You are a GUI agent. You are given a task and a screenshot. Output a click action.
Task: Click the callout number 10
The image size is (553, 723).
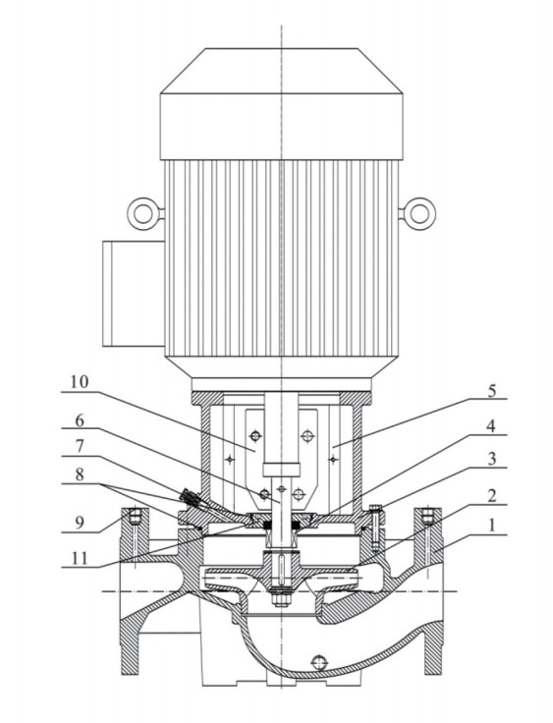tap(80, 382)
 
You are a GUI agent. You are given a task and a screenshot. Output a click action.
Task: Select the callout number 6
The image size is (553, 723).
tap(80, 420)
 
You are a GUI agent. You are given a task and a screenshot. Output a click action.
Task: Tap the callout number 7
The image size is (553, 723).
tap(80, 446)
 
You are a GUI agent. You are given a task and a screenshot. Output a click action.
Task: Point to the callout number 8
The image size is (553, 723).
tap(80, 474)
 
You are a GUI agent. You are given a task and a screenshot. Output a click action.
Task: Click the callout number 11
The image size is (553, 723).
tap(80, 558)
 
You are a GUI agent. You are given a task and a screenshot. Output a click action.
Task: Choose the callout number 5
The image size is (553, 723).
tap(492, 391)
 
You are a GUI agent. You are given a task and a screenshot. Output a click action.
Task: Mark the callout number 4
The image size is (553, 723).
tap(492, 426)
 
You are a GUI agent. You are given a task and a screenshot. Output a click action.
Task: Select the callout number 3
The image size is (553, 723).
tap(492, 460)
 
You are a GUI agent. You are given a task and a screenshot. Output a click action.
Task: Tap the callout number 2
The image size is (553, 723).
tap(492, 496)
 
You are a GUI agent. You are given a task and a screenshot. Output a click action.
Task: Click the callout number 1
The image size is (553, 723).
tap(492, 526)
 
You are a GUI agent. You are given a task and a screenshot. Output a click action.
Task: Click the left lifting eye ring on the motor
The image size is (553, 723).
tap(143, 213)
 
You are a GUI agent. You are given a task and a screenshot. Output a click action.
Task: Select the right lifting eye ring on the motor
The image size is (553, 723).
tap(419, 213)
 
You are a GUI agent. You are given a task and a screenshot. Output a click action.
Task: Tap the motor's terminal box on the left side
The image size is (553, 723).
tap(134, 294)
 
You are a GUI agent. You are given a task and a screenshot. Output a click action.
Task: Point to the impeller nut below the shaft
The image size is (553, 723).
tap(280, 599)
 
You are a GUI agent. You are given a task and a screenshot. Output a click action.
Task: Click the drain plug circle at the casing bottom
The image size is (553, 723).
tap(318, 663)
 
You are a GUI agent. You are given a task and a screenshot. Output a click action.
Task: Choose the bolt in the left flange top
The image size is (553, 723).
tap(135, 516)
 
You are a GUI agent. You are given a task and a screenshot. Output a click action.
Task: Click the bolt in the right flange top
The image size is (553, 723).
tap(427, 516)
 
